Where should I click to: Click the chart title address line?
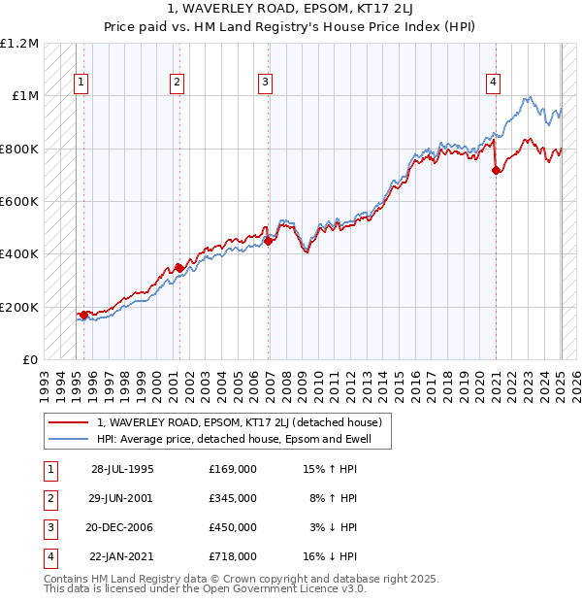(291, 9)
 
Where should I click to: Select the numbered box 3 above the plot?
(265, 84)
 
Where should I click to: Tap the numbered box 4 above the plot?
(493, 84)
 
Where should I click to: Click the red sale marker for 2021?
(497, 171)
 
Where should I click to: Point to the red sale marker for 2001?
(179, 268)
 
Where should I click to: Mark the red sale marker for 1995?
(83, 315)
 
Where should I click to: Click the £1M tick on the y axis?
(25, 96)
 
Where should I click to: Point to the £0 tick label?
(31, 359)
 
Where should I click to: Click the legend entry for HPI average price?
(242, 439)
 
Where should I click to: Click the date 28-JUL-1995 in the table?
(122, 469)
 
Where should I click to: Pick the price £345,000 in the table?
(233, 498)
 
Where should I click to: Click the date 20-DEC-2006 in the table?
(122, 527)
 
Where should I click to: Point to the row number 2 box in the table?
(48, 498)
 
